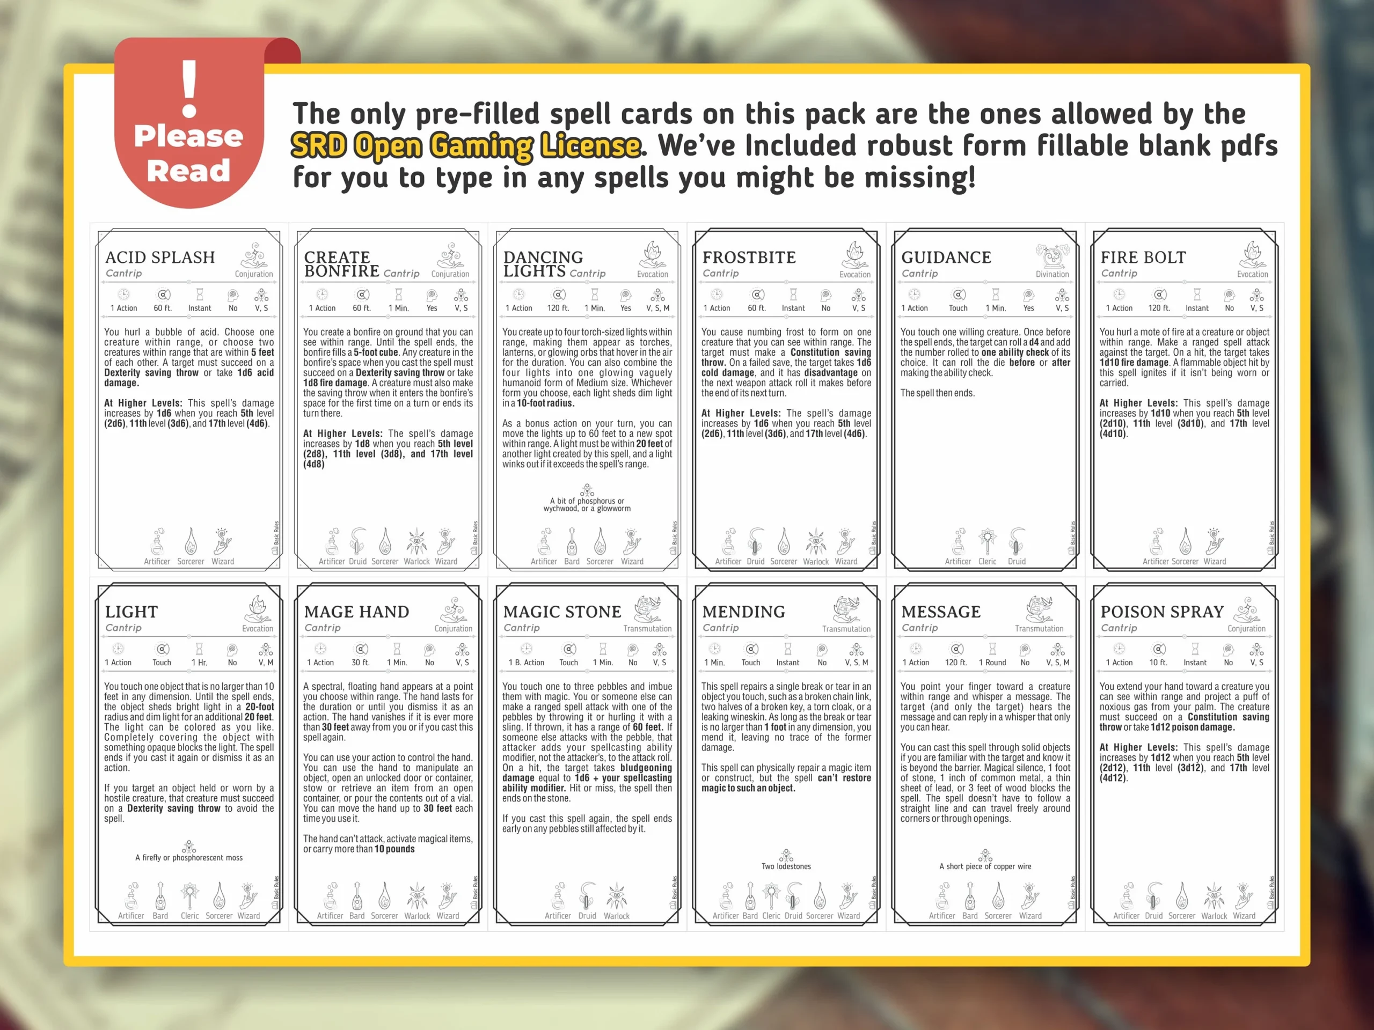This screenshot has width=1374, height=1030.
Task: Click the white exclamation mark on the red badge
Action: pos(189,89)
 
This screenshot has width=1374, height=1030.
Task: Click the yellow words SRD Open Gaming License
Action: pos(466,146)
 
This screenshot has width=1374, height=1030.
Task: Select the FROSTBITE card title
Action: pos(749,257)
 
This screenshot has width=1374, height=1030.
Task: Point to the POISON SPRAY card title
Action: pos(1161,612)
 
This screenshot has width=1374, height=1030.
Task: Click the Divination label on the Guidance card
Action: pos(1053,274)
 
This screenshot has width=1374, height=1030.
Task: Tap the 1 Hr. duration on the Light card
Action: pos(199,663)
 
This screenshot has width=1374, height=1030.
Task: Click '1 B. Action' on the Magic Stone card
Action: pos(526,663)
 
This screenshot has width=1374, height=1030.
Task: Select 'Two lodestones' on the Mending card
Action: pos(786,866)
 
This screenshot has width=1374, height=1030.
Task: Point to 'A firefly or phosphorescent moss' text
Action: pos(189,857)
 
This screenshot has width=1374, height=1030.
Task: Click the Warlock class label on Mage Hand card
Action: pos(417,916)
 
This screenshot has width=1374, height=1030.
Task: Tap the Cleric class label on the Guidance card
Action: pos(987,561)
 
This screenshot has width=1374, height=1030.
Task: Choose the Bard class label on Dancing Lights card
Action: pos(572,561)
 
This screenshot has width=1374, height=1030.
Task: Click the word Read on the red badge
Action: pos(188,171)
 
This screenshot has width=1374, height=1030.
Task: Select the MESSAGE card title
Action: pos(940,612)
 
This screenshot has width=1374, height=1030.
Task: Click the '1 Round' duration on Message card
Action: pos(992,663)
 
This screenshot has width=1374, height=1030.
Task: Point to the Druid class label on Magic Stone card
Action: pos(587,916)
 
